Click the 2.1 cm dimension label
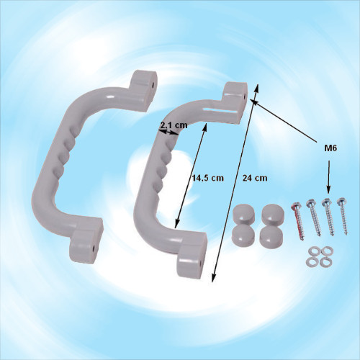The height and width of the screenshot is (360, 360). [x=174, y=125]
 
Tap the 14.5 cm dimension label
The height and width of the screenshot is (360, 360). [x=208, y=178]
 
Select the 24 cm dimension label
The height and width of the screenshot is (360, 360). [x=255, y=178]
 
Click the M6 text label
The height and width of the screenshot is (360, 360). [x=330, y=148]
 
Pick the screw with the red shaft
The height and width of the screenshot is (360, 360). [x=297, y=220]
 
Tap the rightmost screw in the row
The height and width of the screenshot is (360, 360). [x=343, y=216]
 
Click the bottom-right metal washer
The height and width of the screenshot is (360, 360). [x=325, y=261]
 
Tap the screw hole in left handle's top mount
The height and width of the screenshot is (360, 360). [x=153, y=85]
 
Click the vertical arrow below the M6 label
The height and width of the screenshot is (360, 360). [x=329, y=176]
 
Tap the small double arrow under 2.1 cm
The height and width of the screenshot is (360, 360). [x=168, y=132]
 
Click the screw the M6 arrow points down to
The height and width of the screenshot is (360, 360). [x=328, y=217]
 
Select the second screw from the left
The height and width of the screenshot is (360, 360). [x=313, y=218]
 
